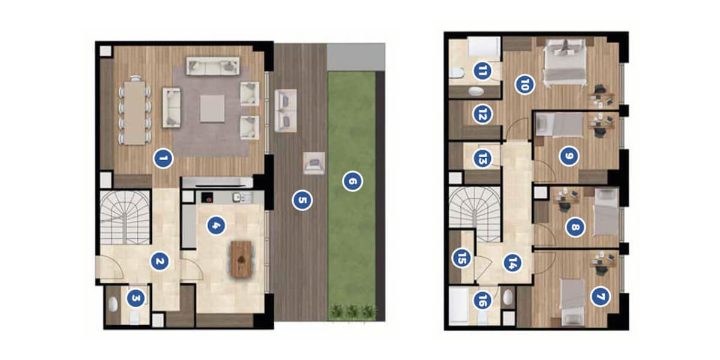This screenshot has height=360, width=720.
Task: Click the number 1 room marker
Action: click(163, 158)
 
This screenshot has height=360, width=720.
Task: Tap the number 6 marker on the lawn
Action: click(353, 181)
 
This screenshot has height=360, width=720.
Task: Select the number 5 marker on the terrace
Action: click(302, 200)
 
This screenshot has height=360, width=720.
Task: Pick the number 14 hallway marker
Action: click(512, 263)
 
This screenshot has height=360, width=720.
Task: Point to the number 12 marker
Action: click(482, 115)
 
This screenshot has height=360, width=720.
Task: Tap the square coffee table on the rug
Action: click(212, 109)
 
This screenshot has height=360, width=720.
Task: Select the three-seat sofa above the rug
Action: click(213, 66)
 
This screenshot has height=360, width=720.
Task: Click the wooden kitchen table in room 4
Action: click(241, 259)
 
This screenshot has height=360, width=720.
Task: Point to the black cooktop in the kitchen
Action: click(208, 197)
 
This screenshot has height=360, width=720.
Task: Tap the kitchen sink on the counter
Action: click(237, 197)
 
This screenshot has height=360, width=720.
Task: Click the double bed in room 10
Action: click(565, 62)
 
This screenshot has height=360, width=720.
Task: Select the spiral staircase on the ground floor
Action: click(125, 217)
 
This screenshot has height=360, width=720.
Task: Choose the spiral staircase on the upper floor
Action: click(475, 214)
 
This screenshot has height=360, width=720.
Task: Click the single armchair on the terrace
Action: click(314, 163)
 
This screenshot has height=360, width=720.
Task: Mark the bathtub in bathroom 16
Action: click(458, 304)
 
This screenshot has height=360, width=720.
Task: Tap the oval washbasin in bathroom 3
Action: click(113, 304)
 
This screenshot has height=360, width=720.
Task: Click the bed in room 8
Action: click(606, 212)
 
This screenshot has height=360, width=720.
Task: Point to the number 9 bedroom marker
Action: click(569, 156)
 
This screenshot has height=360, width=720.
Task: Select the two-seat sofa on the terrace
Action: click(286, 110)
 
